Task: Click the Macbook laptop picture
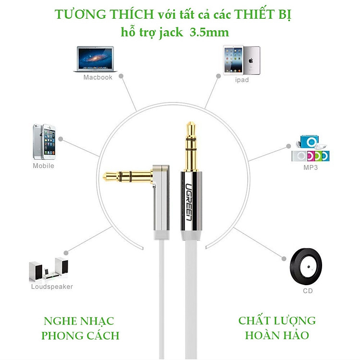(95, 59)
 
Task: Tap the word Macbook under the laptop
(98, 77)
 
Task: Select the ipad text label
(242, 80)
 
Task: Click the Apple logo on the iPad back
(251, 60)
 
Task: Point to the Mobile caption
(44, 166)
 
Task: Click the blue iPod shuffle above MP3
(309, 142)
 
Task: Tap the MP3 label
(311, 168)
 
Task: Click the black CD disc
(306, 266)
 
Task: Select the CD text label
(308, 291)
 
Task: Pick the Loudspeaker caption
(52, 287)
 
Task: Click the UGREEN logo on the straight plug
(189, 202)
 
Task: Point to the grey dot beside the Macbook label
(121, 76)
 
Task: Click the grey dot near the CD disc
(284, 259)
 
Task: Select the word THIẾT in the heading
(254, 14)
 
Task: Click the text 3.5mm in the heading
(209, 33)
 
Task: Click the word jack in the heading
(171, 33)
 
